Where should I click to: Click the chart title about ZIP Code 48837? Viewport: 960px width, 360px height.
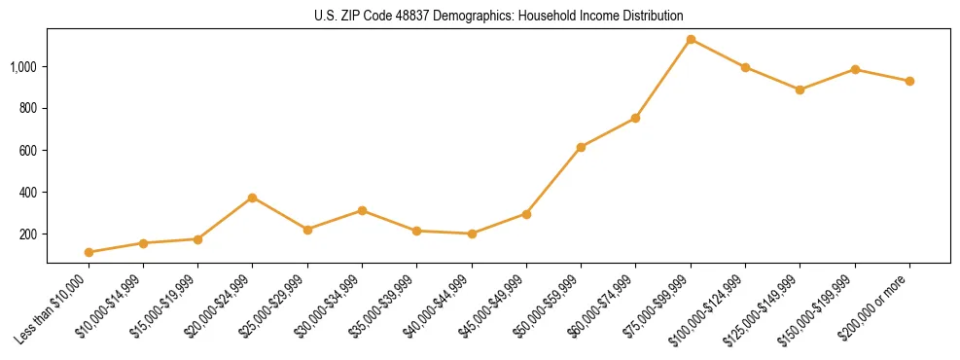point(499,17)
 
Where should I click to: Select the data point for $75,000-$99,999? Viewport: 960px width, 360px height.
point(691,40)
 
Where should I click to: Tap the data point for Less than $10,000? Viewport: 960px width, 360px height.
point(89,252)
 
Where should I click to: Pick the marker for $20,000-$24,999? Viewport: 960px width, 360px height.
point(253,198)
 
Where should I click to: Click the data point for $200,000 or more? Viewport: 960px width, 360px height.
point(909,81)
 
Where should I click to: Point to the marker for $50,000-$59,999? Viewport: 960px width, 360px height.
point(581,147)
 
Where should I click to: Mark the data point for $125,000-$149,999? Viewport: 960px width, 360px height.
point(800,90)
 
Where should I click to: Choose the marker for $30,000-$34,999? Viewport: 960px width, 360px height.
point(362,210)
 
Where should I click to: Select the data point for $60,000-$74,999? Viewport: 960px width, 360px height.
point(635,118)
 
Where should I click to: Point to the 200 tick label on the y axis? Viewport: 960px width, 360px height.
point(31,234)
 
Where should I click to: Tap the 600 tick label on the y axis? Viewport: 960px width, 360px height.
point(31,151)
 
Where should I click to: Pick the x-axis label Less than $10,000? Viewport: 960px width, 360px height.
point(56,308)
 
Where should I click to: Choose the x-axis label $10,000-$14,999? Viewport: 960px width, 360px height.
point(111,306)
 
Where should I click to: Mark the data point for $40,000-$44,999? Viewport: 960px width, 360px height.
point(472,234)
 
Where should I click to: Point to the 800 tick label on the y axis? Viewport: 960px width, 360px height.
point(31,108)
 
